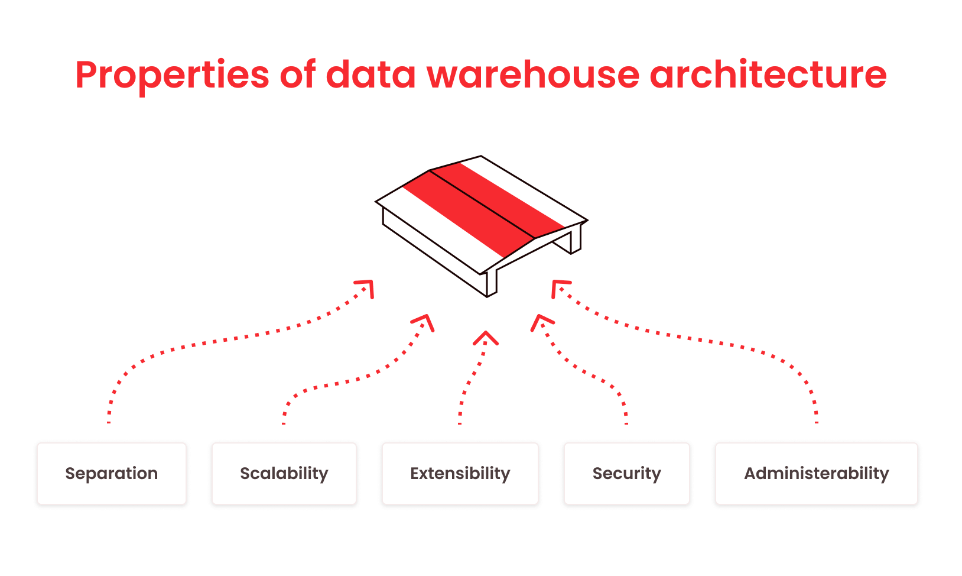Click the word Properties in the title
pyautogui.click(x=172, y=75)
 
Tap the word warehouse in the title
pyautogui.click(x=533, y=75)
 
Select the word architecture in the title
pyautogui.click(x=768, y=75)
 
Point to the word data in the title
pyautogui.click(x=370, y=75)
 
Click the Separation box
pyautogui.click(x=112, y=474)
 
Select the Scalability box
pyautogui.click(x=284, y=474)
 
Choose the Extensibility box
pyautogui.click(x=460, y=474)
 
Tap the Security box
pyautogui.click(x=627, y=474)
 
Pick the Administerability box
pyautogui.click(x=816, y=474)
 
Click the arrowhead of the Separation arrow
pyautogui.click(x=368, y=285)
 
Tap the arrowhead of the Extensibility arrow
pyautogui.click(x=486, y=336)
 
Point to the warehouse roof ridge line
pyautogui.click(x=482, y=204)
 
